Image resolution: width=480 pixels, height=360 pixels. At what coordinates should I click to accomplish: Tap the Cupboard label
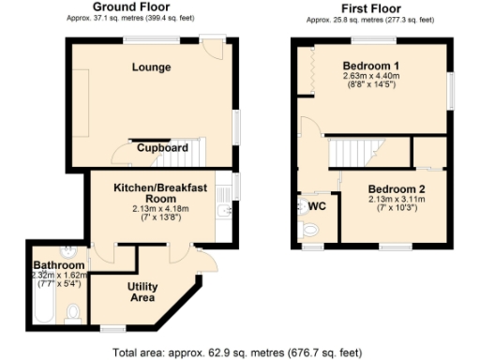(163, 147)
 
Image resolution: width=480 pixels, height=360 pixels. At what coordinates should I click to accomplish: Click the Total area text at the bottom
(236, 352)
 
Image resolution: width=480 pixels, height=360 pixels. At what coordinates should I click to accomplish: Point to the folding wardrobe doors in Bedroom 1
(305, 70)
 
